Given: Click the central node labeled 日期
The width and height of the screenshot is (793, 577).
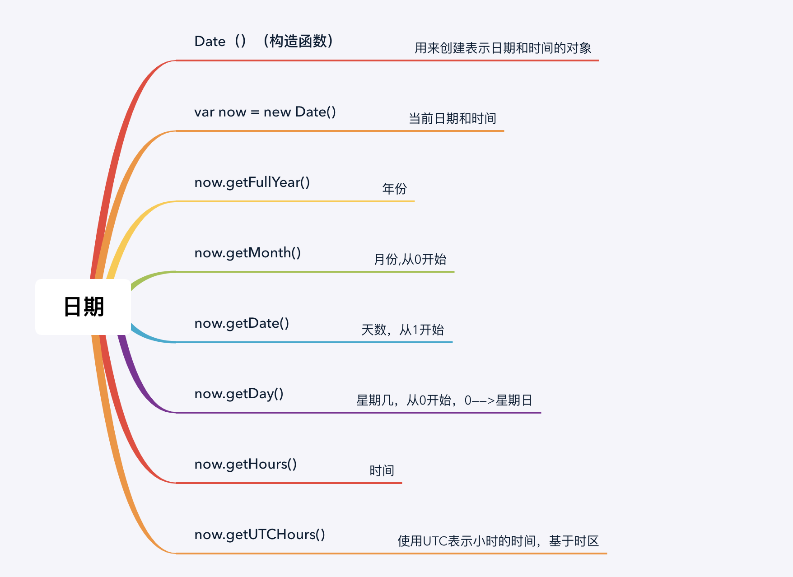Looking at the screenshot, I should pos(84,307).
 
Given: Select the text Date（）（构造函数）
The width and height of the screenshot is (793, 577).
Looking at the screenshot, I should pos(264,41).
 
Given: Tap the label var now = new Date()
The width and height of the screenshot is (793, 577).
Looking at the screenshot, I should pos(265,112).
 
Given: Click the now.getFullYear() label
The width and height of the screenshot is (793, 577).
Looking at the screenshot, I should pos(252,182).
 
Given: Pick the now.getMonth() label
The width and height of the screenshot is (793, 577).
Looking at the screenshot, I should pos(247,253).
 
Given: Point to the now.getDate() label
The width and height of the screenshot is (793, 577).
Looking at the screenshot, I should pos(242,323).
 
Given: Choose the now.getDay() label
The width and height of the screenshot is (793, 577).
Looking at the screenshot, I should pos(239,394).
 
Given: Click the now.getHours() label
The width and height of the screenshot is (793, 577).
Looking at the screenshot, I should pos(246,464).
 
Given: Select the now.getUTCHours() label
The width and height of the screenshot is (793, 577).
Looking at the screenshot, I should pos(260,535).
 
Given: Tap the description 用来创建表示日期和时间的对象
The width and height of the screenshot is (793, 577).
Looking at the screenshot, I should pos(503,48).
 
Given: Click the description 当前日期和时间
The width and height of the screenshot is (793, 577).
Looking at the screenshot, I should pos(452,118).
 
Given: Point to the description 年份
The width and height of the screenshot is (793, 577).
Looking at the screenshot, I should pos(394,189).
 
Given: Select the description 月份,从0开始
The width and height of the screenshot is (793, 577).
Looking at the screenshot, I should pos(410,259).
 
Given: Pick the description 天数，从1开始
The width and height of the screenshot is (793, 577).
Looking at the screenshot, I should pos(402,330).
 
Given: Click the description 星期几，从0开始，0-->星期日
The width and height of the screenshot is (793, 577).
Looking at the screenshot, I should pos(444,400).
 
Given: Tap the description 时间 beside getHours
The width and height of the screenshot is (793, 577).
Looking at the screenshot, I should pos(382,470).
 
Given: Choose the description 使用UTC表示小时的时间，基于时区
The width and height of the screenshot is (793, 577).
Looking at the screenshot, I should pos(498,541).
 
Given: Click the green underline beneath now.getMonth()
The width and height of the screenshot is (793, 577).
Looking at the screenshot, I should pos(316,272).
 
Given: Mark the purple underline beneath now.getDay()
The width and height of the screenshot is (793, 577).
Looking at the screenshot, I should pos(361,413).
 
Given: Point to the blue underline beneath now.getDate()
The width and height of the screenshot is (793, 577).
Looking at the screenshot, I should pos(316,342).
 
